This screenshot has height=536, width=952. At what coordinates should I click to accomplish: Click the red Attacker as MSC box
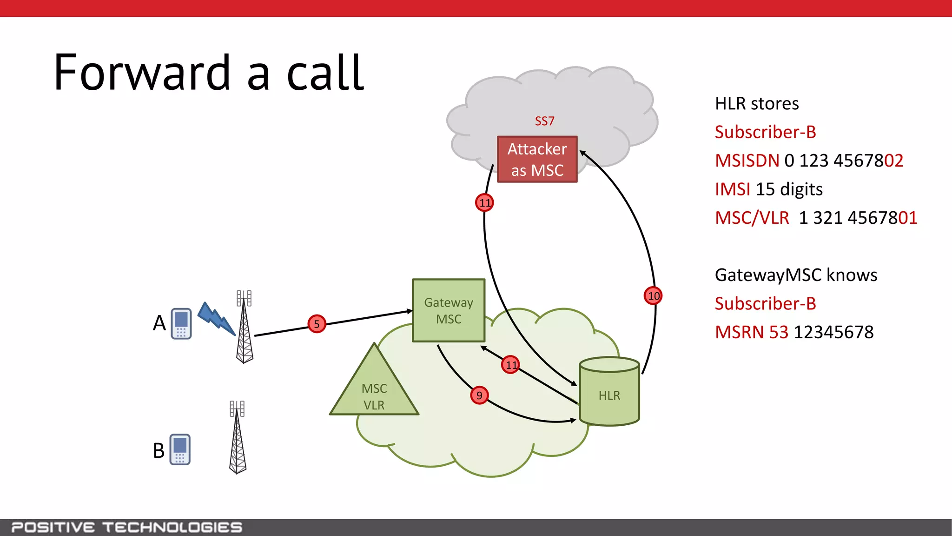(537, 159)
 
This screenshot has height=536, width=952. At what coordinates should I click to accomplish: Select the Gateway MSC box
(449, 310)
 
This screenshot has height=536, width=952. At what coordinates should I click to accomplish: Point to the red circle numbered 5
(317, 324)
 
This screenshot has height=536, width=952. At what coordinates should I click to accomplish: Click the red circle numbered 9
(479, 395)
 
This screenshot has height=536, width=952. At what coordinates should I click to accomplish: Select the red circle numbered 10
(653, 296)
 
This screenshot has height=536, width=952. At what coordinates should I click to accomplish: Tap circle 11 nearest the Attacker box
(484, 203)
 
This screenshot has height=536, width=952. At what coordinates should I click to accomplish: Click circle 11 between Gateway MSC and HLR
(510, 365)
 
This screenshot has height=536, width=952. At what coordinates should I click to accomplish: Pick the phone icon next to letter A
(181, 323)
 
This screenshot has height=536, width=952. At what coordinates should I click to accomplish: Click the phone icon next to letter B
(180, 449)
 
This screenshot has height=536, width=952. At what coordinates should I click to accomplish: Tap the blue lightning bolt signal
(216, 319)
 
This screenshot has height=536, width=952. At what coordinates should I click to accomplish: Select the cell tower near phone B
(238, 437)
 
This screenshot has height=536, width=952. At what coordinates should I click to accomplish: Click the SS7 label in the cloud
(544, 121)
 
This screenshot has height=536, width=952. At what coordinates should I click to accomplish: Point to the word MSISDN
(747, 161)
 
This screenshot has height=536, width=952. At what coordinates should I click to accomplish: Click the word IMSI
(733, 189)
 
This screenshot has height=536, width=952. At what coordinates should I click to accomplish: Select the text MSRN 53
(751, 332)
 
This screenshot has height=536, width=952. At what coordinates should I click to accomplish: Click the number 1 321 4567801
(858, 218)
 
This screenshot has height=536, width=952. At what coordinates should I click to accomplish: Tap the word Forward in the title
(142, 74)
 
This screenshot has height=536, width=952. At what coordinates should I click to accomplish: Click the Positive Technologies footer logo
(126, 527)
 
